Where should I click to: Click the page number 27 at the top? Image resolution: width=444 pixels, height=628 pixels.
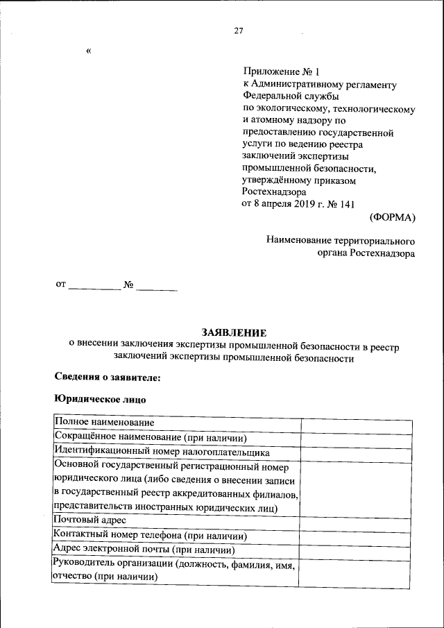239,31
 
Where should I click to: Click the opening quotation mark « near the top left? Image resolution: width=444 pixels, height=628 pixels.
89,51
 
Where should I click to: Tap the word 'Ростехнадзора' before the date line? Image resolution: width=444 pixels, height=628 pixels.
273,192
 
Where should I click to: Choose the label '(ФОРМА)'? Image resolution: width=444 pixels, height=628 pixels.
392,217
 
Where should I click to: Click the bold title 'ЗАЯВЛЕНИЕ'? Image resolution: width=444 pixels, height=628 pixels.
234,333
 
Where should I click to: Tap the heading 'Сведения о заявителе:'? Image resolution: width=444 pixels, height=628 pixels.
108,377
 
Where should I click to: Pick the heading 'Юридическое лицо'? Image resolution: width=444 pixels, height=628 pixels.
100,400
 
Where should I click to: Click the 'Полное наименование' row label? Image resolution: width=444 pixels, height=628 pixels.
105,422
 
